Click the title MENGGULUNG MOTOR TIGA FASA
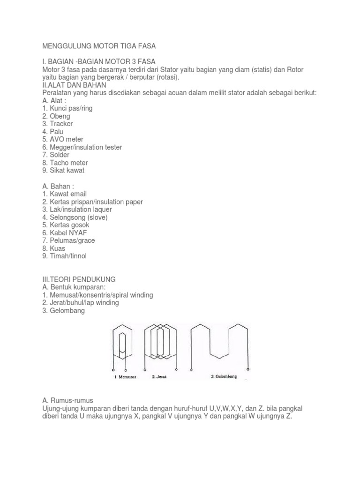point(98,46)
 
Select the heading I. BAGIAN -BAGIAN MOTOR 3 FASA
point(99,62)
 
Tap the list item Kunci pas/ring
point(67,108)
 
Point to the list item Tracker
point(57,124)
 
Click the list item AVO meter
point(63,139)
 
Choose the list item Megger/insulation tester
point(82,147)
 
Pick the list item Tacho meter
point(65,163)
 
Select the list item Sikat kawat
point(63,171)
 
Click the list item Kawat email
point(64,194)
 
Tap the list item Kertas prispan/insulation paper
point(92,202)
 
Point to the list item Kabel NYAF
point(65,232)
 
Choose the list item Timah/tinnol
point(64,256)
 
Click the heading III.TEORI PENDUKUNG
point(79,279)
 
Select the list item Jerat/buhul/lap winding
point(80,303)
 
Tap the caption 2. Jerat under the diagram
point(160,376)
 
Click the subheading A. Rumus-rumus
point(67,400)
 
